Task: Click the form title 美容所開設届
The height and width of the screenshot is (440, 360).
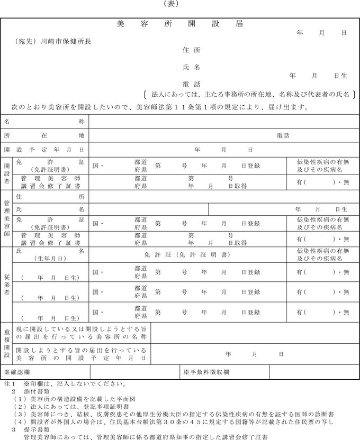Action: (x=179, y=24)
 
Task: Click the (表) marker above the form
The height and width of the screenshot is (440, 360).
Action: (x=180, y=4)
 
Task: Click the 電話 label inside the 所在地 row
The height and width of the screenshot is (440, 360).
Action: (x=283, y=135)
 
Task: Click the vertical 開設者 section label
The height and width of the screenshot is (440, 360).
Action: (x=7, y=173)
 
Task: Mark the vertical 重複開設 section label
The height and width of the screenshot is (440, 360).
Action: (x=7, y=344)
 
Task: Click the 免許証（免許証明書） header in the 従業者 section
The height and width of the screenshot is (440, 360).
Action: (x=187, y=254)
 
